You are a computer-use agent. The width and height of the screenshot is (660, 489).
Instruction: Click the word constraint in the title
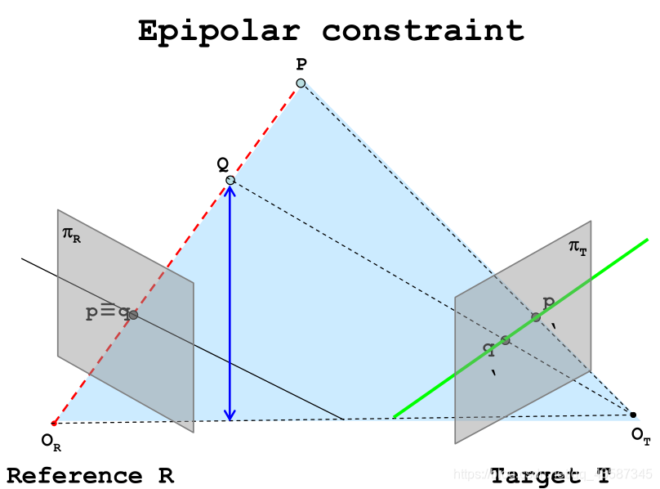pyautogui.click(x=422, y=30)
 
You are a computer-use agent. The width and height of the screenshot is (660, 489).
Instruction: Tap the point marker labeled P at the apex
pyautogui.click(x=301, y=83)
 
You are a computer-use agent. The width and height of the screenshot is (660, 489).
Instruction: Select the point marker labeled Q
pyautogui.click(x=230, y=180)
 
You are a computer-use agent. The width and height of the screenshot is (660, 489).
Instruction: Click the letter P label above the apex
pyautogui.click(x=301, y=63)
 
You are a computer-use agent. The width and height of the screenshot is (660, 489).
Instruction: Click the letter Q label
pyautogui.click(x=221, y=163)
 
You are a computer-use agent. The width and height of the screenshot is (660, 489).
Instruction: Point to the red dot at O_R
pyautogui.click(x=54, y=423)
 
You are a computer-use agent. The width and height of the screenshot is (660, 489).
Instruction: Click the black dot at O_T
pyautogui.click(x=632, y=415)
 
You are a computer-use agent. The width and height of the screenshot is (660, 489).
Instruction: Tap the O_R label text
pyautogui.click(x=51, y=442)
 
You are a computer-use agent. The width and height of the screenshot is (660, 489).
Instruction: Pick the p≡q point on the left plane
pyautogui.click(x=132, y=314)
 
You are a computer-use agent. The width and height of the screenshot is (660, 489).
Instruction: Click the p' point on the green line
pyautogui.click(x=536, y=317)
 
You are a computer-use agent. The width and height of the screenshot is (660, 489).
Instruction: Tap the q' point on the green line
pyautogui.click(x=505, y=339)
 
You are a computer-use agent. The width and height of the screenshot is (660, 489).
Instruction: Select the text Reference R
pyautogui.click(x=90, y=476)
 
